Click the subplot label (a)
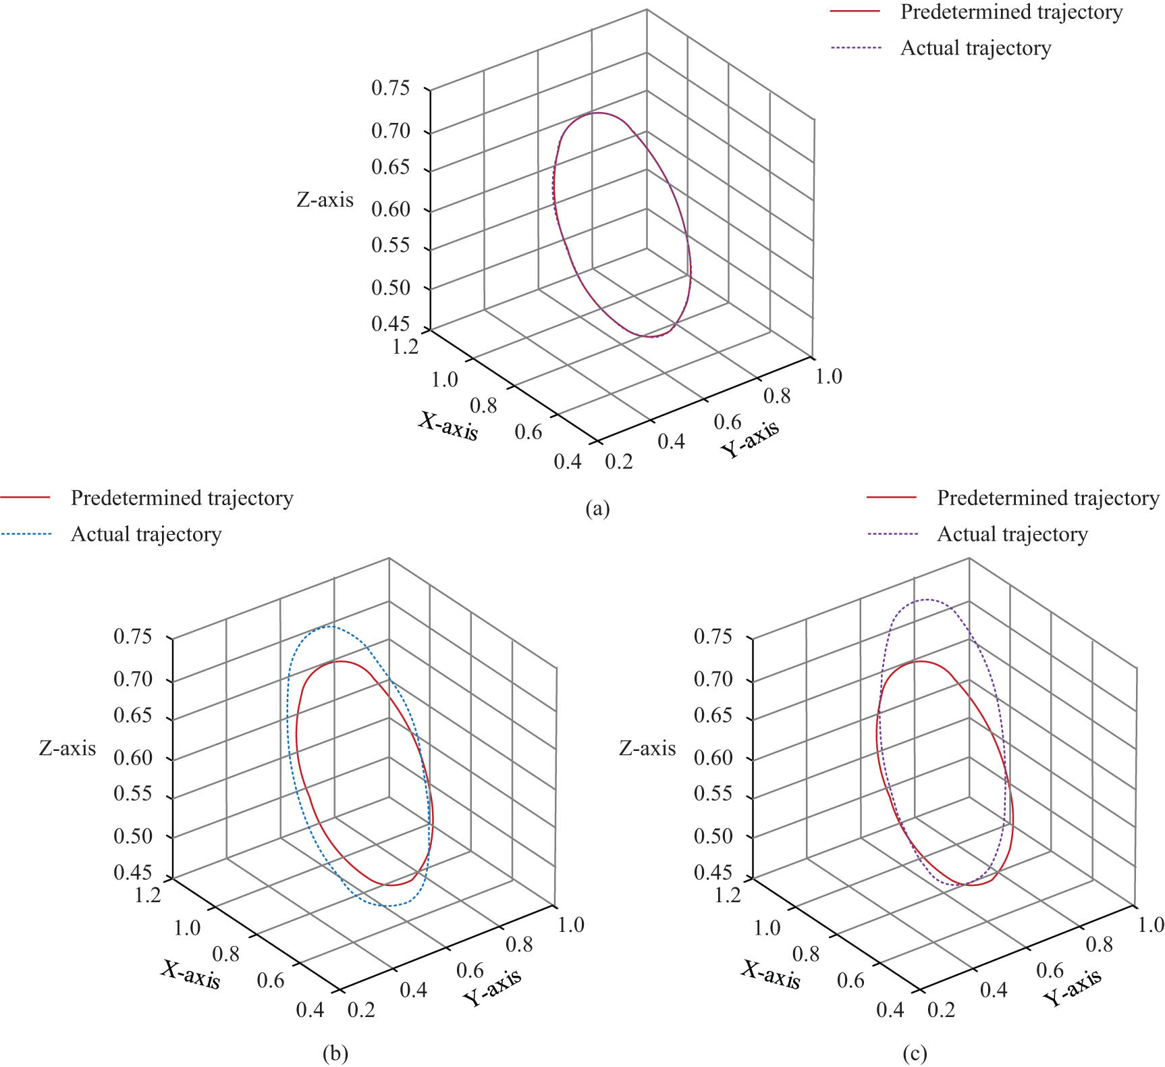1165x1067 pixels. (597, 508)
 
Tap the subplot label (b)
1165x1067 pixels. (335, 1053)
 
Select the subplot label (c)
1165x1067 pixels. (915, 1053)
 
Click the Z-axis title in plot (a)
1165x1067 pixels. (325, 200)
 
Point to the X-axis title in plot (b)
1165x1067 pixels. (191, 974)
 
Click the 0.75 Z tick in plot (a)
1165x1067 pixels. (391, 88)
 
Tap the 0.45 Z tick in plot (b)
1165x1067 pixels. (133, 872)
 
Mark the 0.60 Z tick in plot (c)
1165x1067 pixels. (713, 758)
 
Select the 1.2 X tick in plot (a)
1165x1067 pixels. (405, 346)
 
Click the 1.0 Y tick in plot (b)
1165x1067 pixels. (571, 925)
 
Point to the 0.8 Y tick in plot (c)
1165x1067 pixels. (1099, 944)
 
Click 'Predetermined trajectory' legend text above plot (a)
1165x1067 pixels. (1011, 12)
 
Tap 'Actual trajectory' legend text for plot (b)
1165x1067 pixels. (146, 534)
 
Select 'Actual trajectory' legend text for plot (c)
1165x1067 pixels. (1012, 534)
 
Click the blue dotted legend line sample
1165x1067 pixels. (26, 534)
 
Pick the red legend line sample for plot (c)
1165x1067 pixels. (892, 498)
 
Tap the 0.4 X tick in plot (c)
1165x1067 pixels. (890, 1010)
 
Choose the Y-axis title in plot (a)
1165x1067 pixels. (749, 438)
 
